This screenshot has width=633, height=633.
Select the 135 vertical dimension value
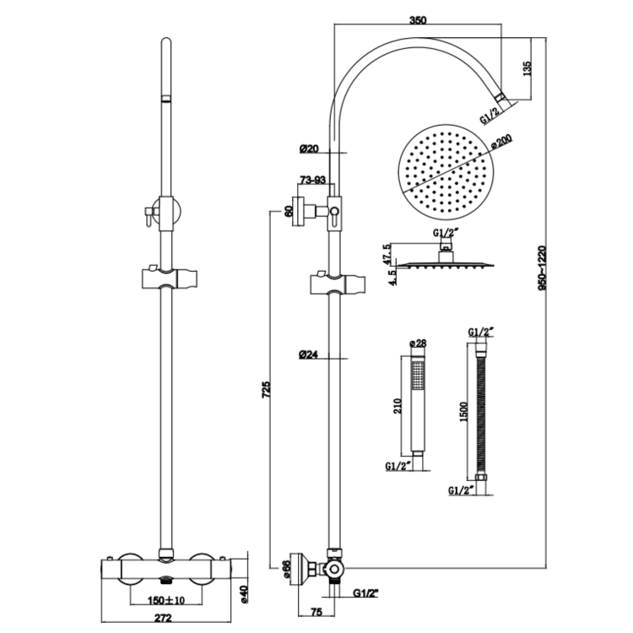(x=526, y=69)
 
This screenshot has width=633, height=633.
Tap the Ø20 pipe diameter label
(x=308, y=149)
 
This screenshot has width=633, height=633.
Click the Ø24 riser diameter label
(x=308, y=354)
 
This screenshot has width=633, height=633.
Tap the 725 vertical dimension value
(x=267, y=389)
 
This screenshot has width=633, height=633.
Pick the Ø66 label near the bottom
(x=286, y=572)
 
